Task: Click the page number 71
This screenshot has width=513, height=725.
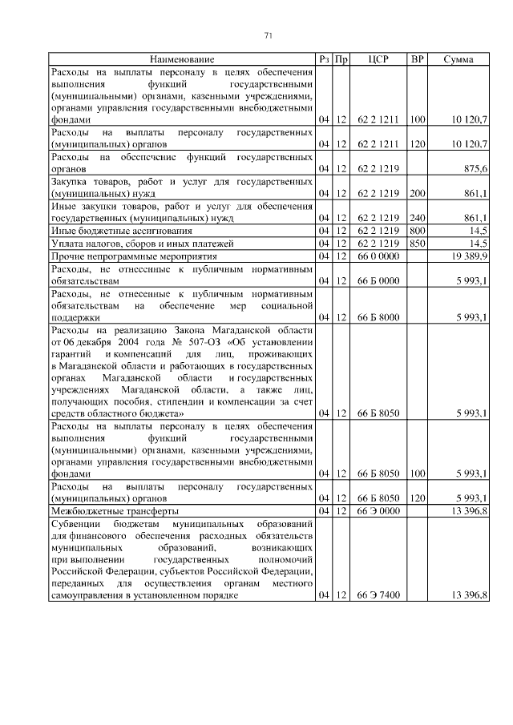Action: pyautogui.click(x=269, y=34)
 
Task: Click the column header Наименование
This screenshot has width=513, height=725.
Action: pyautogui.click(x=180, y=59)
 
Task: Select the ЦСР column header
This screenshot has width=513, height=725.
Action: pyautogui.click(x=378, y=59)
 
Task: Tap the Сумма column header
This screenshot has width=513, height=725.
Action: pyautogui.click(x=461, y=59)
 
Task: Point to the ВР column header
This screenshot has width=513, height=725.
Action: pyautogui.click(x=417, y=59)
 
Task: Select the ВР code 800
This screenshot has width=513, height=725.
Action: pyautogui.click(x=417, y=230)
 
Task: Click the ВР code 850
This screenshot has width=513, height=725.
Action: pyautogui.click(x=417, y=243)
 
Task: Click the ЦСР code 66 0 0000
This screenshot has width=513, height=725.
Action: pyautogui.click(x=378, y=256)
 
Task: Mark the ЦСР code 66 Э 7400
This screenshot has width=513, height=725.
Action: pyautogui.click(x=378, y=595)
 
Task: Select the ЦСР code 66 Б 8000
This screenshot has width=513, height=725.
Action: pyautogui.click(x=378, y=317)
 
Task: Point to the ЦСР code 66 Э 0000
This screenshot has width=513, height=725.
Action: pyautogui.click(x=378, y=510)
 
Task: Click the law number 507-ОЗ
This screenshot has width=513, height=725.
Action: pyautogui.click(x=176, y=340)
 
